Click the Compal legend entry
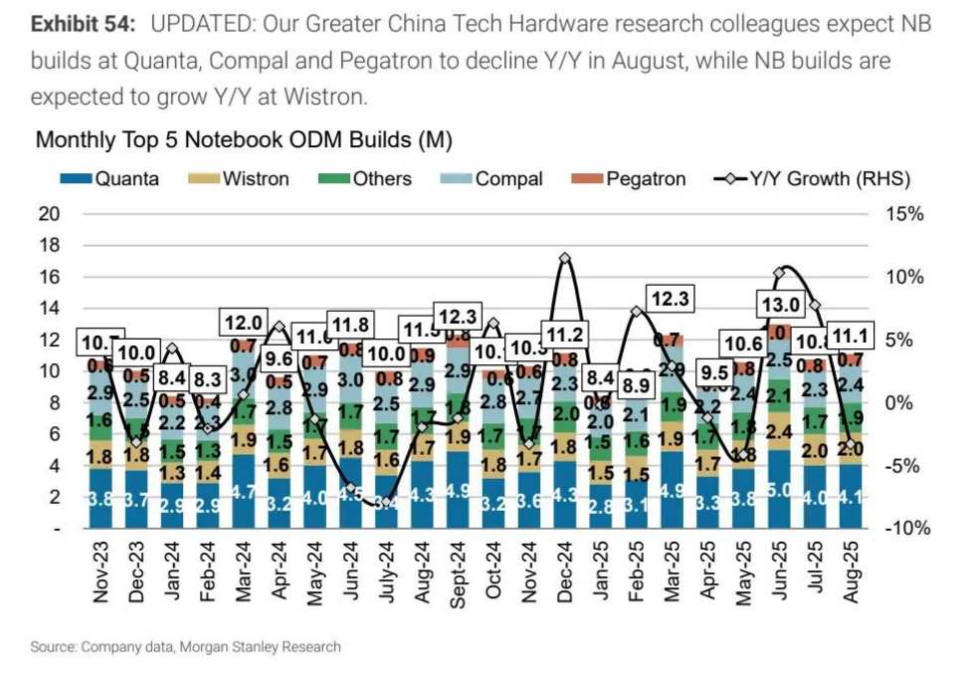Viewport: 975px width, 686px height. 508,179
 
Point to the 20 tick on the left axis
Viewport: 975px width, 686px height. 49,214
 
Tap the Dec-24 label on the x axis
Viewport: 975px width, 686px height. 563,572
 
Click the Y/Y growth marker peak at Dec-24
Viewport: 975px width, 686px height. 564,259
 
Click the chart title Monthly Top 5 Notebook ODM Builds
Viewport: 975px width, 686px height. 244,140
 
